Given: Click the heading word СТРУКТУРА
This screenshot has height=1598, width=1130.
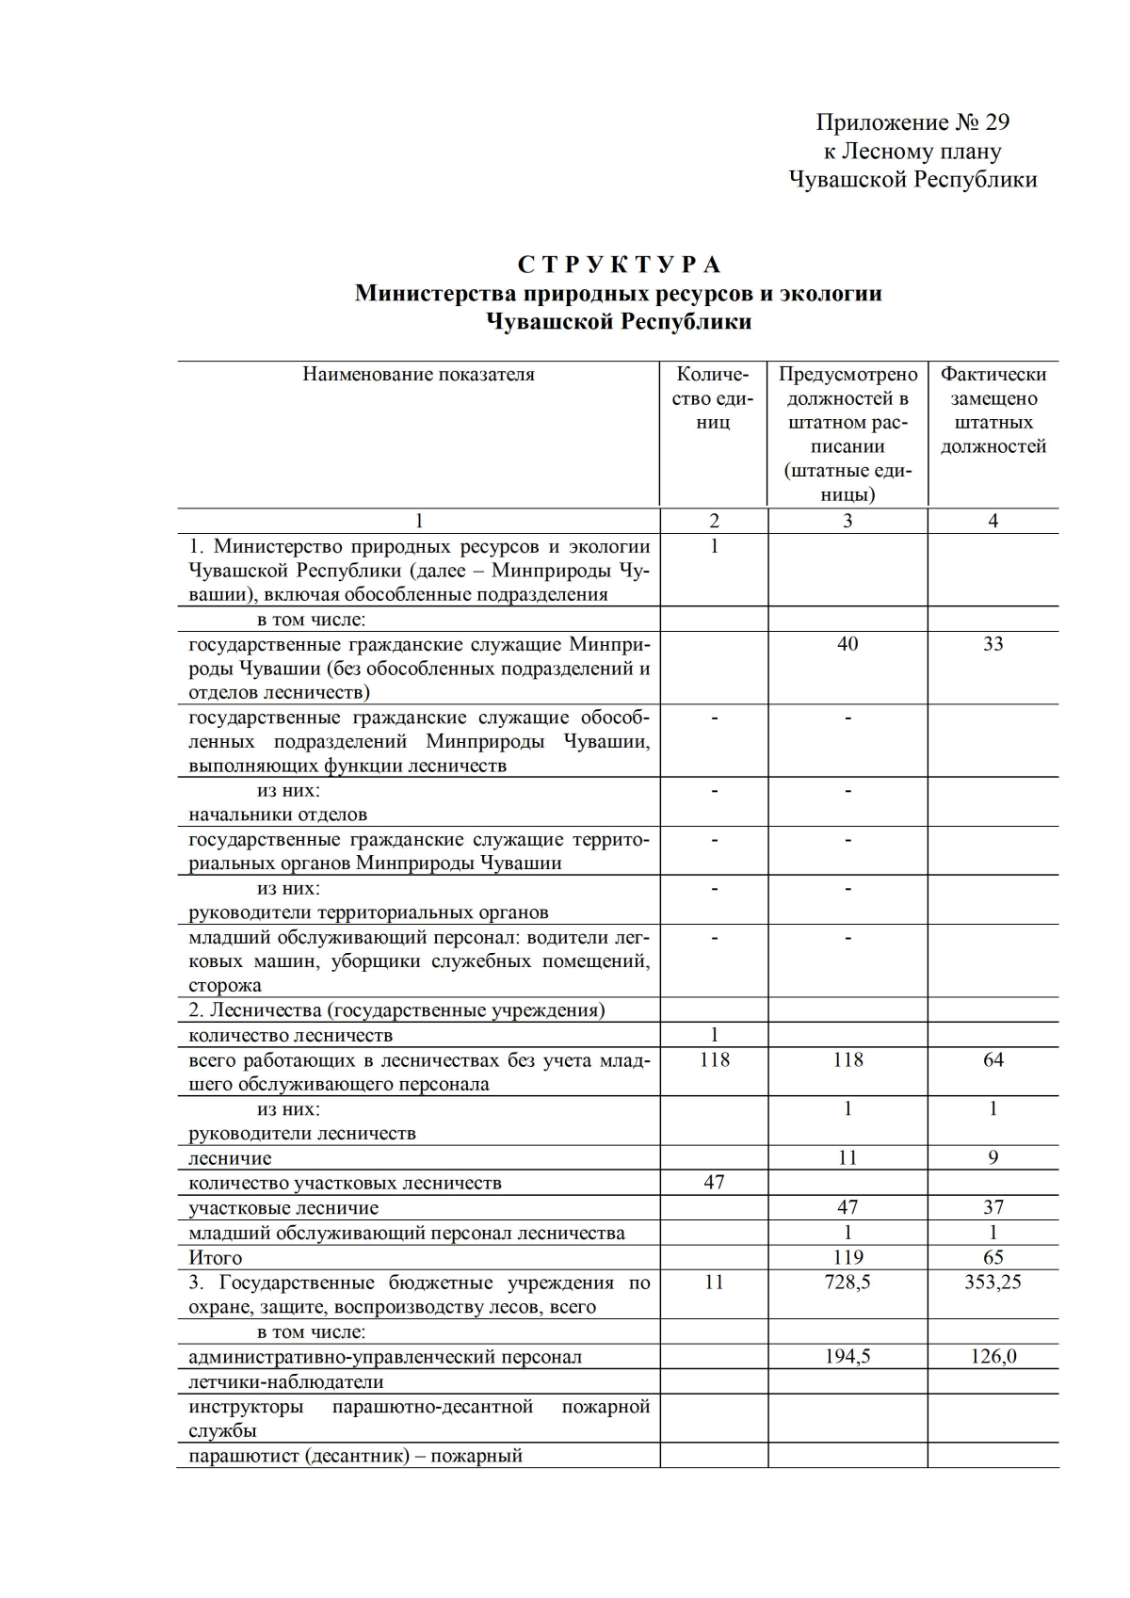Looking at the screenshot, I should (x=619, y=265).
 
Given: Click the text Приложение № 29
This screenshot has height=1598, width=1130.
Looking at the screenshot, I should (x=912, y=122).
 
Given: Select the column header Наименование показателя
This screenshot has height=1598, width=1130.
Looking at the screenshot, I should (x=418, y=375).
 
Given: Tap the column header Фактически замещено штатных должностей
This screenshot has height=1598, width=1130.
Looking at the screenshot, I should (x=993, y=411).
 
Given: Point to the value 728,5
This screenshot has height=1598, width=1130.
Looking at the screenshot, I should (x=847, y=1283).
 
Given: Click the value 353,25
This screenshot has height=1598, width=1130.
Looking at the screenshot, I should (x=993, y=1283).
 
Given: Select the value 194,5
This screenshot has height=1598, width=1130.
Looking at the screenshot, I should (x=847, y=1357).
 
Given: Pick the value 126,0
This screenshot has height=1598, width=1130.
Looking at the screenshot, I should (x=993, y=1357).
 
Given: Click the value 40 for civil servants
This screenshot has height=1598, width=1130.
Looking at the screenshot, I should (x=847, y=644).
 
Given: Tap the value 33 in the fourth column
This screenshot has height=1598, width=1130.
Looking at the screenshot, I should (x=993, y=644).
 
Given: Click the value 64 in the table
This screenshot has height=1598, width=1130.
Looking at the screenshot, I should (x=993, y=1060).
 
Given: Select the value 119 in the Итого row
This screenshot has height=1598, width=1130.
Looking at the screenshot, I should (x=847, y=1258).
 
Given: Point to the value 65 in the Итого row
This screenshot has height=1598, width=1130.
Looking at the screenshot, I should (x=993, y=1258).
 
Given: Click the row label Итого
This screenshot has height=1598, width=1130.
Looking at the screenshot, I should (x=216, y=1258).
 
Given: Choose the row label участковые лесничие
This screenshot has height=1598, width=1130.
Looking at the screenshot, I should (x=283, y=1208).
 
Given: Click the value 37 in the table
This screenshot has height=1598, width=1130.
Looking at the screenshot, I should (x=993, y=1208).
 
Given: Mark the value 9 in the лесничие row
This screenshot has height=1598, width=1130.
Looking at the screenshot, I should (x=993, y=1158).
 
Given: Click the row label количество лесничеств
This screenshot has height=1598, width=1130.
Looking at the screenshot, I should (x=290, y=1036).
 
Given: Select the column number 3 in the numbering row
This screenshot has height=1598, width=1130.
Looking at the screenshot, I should (x=847, y=522).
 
